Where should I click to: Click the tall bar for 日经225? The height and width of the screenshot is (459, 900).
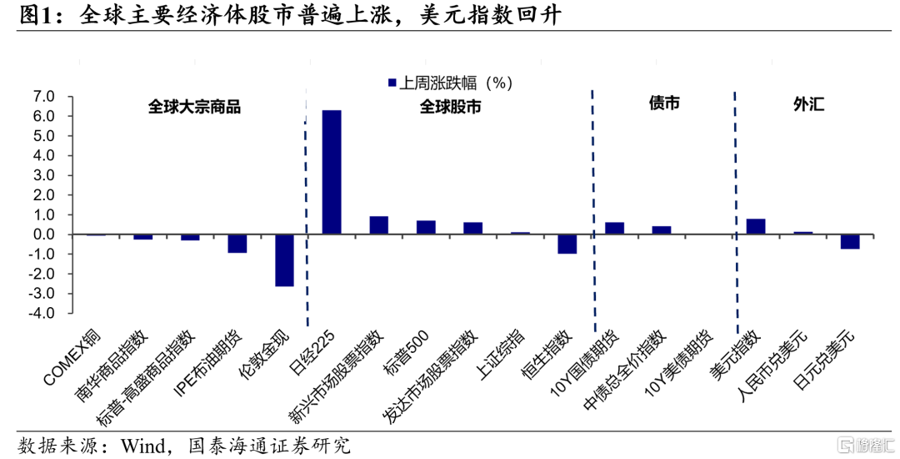click(332, 172)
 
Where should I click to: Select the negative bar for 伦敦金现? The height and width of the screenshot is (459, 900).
click(284, 260)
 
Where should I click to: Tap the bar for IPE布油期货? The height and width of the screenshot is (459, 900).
click(237, 244)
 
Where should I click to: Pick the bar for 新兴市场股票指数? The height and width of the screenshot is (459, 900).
click(378, 225)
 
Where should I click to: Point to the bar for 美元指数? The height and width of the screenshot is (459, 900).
click(756, 226)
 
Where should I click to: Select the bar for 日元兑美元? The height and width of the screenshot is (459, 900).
click(850, 241)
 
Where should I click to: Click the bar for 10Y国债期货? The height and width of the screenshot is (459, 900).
click(614, 229)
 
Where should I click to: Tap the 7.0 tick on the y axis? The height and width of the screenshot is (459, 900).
click(44, 97)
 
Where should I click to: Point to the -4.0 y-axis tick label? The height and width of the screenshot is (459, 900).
click(42, 314)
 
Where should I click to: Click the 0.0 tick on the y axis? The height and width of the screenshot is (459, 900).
click(44, 235)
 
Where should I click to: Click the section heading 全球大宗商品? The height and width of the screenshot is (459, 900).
click(194, 107)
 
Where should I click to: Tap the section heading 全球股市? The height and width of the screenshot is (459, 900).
click(450, 107)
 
